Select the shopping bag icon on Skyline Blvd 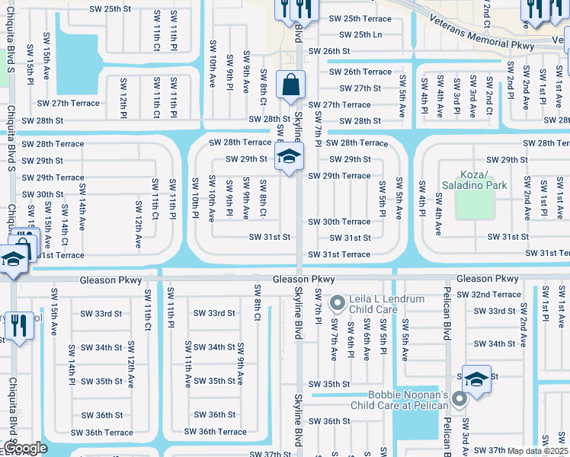[x=291, y=85]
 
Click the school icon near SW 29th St [x=290, y=158]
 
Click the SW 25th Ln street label [x=360, y=35]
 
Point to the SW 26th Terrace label [x=360, y=72]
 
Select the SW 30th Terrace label [x=339, y=222]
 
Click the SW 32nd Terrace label [x=496, y=294]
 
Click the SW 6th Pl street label [x=350, y=339]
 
